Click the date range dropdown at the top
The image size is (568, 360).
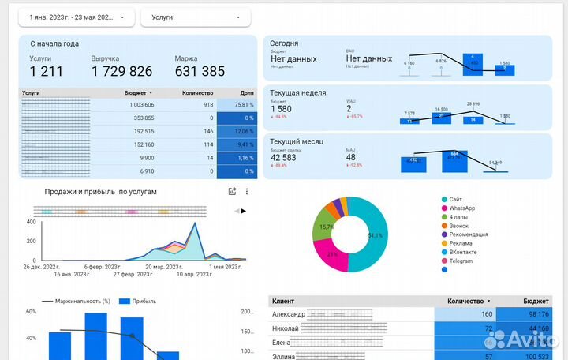(x=77, y=17)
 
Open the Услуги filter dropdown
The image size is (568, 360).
(x=195, y=17)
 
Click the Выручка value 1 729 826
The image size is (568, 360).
(x=121, y=72)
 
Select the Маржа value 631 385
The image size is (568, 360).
(x=200, y=72)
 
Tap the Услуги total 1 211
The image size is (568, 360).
(x=46, y=72)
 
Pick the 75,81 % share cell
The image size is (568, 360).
(x=237, y=104)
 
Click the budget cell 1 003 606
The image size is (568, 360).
(x=138, y=104)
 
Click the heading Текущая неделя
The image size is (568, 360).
(x=297, y=93)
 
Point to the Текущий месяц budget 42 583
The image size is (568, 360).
(x=284, y=157)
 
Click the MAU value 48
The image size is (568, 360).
(x=351, y=157)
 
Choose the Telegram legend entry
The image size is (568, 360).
(x=462, y=261)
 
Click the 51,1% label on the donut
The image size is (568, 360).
(x=375, y=235)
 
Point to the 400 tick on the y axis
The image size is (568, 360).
(x=31, y=221)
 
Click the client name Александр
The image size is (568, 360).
(x=290, y=315)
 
